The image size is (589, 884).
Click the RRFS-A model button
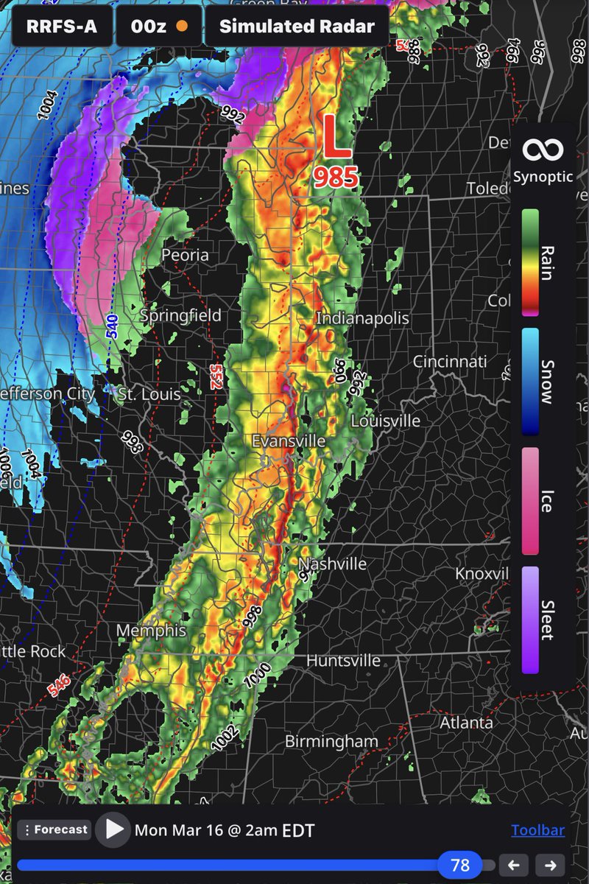[x=62, y=27]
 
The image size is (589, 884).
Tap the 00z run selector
[x=158, y=27]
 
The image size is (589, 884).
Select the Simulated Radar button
[x=297, y=27]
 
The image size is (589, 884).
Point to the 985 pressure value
[x=336, y=177]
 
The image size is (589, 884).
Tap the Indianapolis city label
[x=362, y=318]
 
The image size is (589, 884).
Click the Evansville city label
[x=289, y=441]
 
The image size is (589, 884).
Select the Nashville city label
[x=333, y=564]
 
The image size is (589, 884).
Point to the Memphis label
[x=151, y=631]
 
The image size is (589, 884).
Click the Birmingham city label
[x=331, y=741]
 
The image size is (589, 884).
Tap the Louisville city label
[x=386, y=421]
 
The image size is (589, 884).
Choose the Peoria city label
[x=186, y=256]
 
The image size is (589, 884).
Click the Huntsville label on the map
[x=343, y=660]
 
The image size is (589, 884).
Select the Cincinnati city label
[x=449, y=362]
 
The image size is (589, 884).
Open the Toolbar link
[x=537, y=830]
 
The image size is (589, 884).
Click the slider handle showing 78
[x=460, y=865]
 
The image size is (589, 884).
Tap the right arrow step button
[x=550, y=865]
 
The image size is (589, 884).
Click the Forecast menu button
[x=54, y=829]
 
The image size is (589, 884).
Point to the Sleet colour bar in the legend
[x=530, y=619]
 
